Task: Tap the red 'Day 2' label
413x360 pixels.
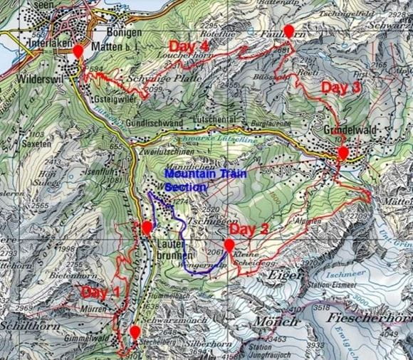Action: [x=249, y=230]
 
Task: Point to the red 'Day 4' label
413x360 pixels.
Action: [x=189, y=46]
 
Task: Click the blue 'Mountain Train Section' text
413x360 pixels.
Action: [x=186, y=179]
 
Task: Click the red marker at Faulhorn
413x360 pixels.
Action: [x=288, y=31]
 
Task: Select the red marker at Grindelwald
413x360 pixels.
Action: [x=343, y=154]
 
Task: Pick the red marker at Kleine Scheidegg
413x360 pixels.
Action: [x=229, y=246]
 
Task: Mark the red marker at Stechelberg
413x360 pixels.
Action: [x=135, y=332]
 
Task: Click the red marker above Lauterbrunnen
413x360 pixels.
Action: [x=147, y=228]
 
